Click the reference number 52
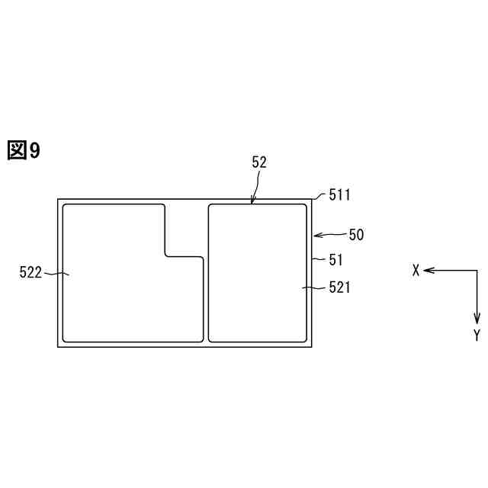259,162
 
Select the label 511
339,195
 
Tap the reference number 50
356,235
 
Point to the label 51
335,260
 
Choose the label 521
339,287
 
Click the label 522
30,272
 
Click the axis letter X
416,270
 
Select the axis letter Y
477,335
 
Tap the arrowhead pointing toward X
428,271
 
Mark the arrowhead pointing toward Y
477,319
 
